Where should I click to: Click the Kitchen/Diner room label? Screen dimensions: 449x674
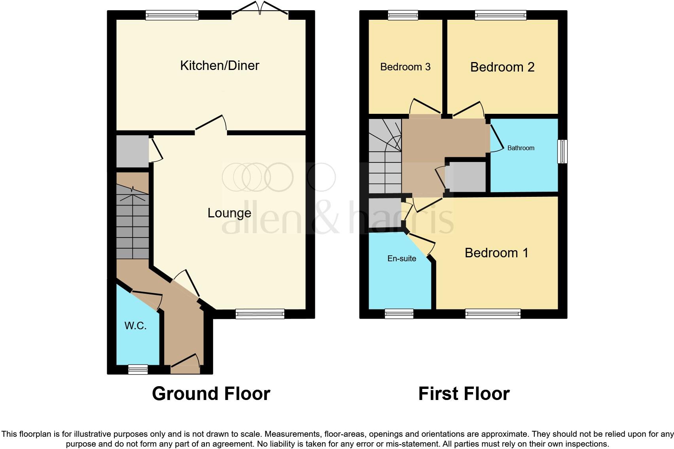220,66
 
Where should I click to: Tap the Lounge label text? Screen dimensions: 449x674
229,213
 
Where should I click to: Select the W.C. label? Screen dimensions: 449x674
136,326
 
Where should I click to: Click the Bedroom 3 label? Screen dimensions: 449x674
405,67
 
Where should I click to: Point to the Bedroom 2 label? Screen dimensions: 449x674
502,67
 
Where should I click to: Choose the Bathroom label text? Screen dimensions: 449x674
521,148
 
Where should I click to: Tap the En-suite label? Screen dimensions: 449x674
401,258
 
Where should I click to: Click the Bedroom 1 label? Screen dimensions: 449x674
496,253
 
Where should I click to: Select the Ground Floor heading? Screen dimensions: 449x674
211,394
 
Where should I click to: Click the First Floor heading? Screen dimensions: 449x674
464,394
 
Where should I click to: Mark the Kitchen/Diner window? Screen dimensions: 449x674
172,15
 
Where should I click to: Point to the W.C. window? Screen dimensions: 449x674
138,370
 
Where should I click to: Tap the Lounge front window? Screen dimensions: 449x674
260,314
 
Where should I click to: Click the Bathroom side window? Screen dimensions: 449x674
562,151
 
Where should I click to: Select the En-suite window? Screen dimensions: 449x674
399,314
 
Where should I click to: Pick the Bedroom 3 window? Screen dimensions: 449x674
403,15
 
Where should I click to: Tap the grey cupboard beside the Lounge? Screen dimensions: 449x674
132,151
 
